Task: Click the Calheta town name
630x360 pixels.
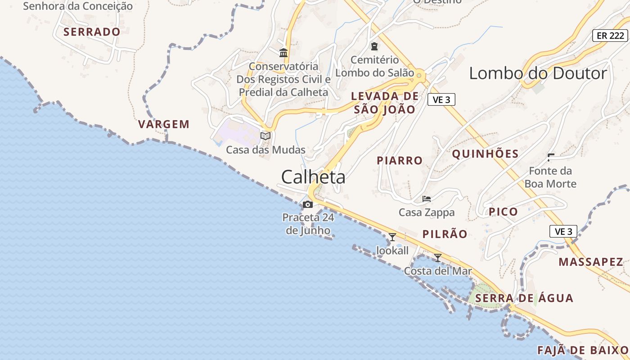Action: coord(313,177)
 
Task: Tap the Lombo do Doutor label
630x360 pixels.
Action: coord(538,73)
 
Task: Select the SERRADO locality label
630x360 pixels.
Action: coord(92,32)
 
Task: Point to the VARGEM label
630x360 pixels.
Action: coord(164,124)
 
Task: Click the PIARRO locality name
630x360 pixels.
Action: coord(400,160)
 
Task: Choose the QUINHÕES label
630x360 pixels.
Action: coord(485,154)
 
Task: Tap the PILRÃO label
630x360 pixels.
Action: coord(445,234)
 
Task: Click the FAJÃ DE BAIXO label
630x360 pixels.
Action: coord(583,350)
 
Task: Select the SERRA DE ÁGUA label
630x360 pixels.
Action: coord(524,298)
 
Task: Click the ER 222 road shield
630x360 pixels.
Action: coord(610,36)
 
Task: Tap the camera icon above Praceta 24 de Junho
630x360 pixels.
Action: coord(308,205)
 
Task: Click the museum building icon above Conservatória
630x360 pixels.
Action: coord(283,53)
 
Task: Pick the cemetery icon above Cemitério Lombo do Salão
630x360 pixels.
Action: coord(374,46)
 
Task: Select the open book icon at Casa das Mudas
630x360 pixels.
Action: coord(265,136)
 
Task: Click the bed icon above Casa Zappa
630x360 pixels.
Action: coord(427,198)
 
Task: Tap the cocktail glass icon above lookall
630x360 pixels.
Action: coord(392,237)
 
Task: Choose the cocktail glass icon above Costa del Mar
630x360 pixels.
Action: coord(437,257)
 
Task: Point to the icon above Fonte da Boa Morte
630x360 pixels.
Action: coord(550,157)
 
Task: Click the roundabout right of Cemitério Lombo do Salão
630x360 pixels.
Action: coord(420,75)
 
